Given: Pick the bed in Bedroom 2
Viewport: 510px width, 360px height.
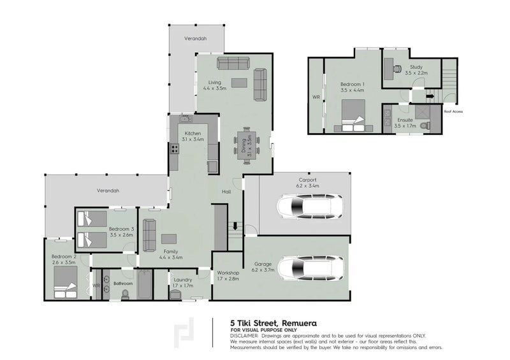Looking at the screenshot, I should point(65,281).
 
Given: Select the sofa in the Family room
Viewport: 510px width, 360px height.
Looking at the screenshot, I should point(149,236).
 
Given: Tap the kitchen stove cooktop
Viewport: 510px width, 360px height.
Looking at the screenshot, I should point(174,150).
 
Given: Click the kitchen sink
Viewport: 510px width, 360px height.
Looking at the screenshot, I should point(185,119).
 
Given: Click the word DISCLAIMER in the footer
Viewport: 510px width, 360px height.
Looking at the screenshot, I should point(244,335).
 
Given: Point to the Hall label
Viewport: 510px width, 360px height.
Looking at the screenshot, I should point(226,192).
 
